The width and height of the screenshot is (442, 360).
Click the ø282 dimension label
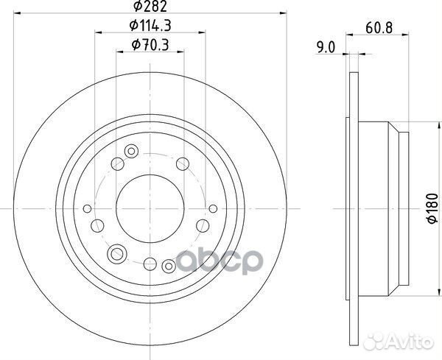150,9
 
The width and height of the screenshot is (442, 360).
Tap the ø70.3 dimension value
150,46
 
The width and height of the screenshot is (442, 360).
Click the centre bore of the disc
150,209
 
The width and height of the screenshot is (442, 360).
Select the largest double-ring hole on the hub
116,255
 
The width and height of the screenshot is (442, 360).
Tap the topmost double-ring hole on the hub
131,151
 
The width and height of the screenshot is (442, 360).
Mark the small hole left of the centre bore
88,209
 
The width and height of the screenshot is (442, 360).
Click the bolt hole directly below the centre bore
150,264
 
